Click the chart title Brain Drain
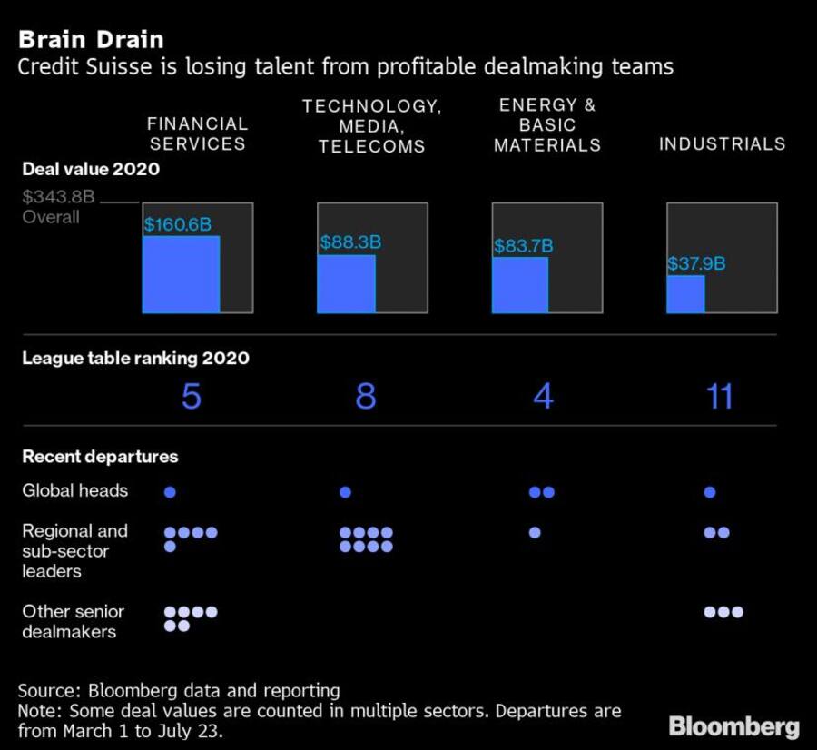tap(90, 40)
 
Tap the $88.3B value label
tap(349, 242)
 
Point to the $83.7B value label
tap(523, 246)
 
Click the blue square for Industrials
tap(685, 294)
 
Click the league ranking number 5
tap(191, 396)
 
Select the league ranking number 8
tap(366, 396)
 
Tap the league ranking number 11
tap(719, 396)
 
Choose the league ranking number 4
tap(543, 396)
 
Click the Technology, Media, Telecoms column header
tap(371, 126)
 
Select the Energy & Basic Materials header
tap(547, 125)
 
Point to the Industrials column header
tap(722, 144)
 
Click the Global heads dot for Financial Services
tap(170, 492)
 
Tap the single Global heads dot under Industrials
tap(710, 492)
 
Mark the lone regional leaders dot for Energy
tap(535, 532)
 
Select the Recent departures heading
tap(100, 457)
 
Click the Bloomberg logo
tap(733, 726)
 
